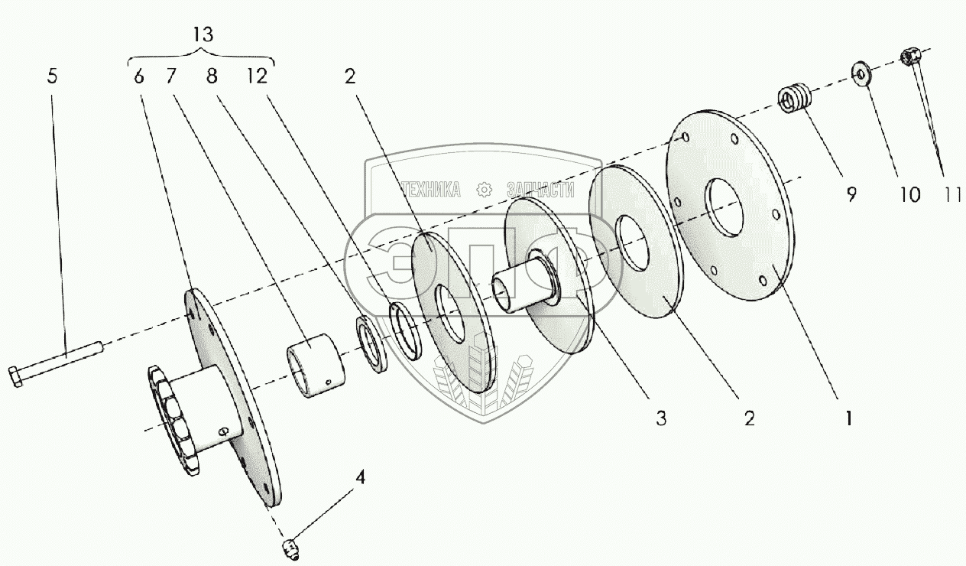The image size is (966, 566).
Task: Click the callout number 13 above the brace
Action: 203,34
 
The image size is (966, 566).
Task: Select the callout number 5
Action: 52,76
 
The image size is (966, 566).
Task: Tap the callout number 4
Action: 358,478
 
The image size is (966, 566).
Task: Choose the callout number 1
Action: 848,418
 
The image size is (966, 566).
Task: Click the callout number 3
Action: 661,418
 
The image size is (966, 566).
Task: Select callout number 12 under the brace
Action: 258,76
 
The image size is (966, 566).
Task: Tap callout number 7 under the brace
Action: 170,76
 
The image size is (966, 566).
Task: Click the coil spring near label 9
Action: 793,99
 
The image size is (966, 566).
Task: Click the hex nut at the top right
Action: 910,55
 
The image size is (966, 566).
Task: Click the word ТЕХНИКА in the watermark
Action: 430,190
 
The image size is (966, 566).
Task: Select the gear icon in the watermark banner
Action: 482,190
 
